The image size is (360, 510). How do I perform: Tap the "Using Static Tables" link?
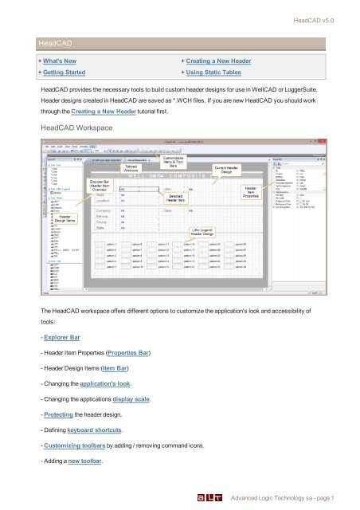(221, 74)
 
